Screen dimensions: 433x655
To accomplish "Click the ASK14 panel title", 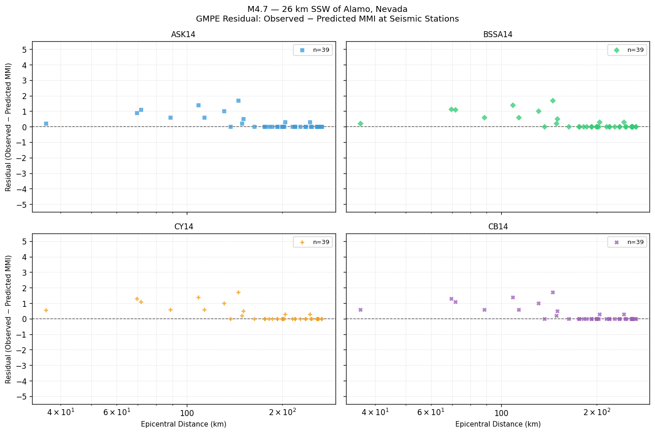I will click(x=184, y=35).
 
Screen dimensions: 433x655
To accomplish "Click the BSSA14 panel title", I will click(x=498, y=35).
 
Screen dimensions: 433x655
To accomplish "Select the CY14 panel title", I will click(x=184, y=227).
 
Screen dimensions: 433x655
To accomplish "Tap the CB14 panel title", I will click(x=498, y=227).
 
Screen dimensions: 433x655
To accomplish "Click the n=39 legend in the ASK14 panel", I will click(x=313, y=50).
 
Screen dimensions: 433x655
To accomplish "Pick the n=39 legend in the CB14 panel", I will click(x=627, y=242).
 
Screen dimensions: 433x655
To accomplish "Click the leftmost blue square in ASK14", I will click(x=46, y=123).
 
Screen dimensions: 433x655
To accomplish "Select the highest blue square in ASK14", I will click(x=238, y=100).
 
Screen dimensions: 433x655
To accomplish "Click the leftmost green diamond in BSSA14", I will click(x=360, y=123).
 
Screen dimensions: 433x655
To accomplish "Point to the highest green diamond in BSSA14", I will click(x=553, y=100).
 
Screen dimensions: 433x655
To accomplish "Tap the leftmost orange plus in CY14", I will click(x=46, y=310).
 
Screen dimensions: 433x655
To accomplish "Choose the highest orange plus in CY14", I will click(x=238, y=292).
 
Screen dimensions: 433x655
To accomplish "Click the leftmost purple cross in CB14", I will click(x=360, y=310).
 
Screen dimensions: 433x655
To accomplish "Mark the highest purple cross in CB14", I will click(x=553, y=292).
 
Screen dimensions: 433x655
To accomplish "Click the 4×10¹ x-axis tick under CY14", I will click(x=61, y=412).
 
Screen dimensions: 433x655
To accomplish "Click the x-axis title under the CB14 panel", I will click(x=498, y=424).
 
